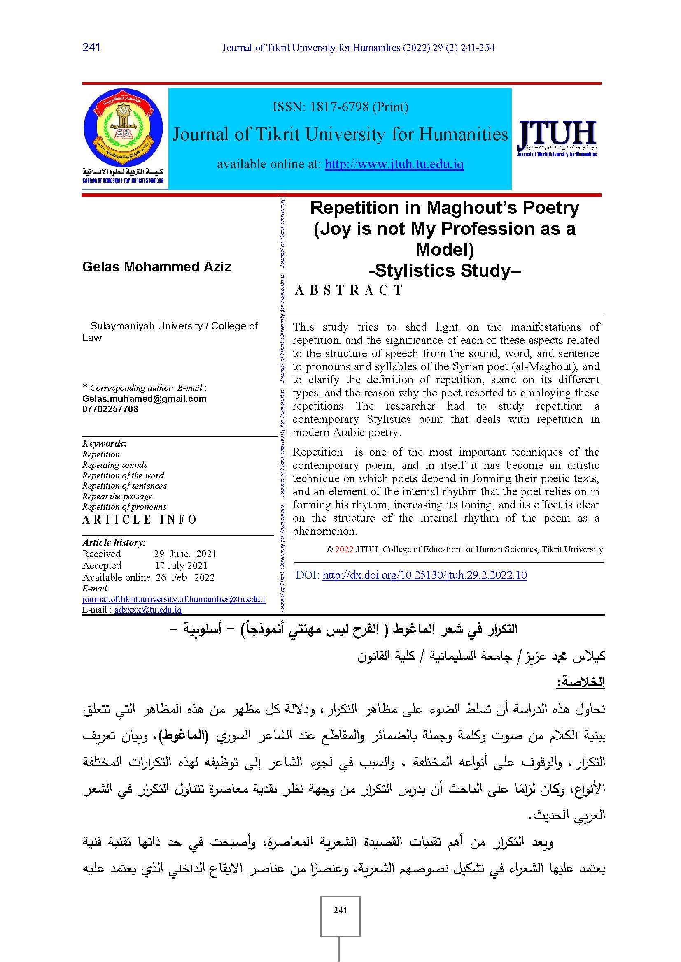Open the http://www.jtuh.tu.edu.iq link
(x=394, y=164)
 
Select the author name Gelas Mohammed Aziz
(x=156, y=267)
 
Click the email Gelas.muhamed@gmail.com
(x=144, y=399)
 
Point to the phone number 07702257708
(x=110, y=409)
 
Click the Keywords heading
(x=104, y=443)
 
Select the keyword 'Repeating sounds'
(x=114, y=465)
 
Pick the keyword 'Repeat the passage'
(x=117, y=496)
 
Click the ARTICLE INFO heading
(x=139, y=519)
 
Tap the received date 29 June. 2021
(x=185, y=554)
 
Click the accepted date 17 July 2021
(x=181, y=566)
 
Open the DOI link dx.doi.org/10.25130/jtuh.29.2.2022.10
(x=424, y=575)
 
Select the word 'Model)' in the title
(x=445, y=250)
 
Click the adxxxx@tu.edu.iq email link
(x=148, y=610)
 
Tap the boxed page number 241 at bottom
(x=340, y=910)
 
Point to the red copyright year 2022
(x=344, y=550)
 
